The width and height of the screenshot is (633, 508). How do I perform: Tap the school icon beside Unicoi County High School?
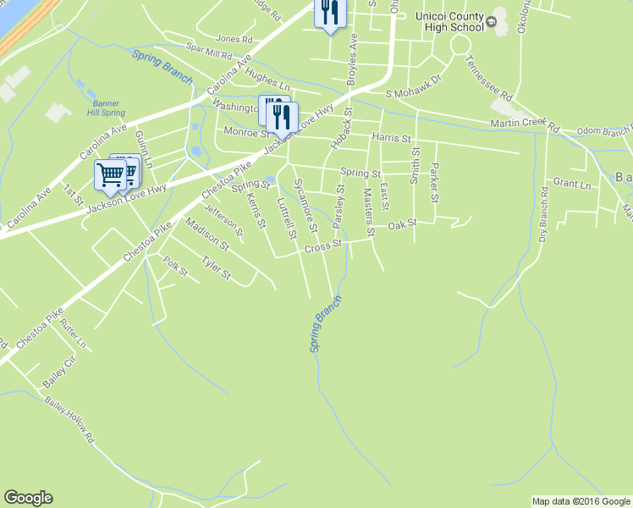pos(490,26)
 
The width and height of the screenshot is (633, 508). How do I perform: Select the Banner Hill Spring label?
pos(106,108)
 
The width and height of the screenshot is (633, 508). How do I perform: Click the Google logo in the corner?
pos(28,498)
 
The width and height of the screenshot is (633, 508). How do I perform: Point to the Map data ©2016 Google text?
pos(581,501)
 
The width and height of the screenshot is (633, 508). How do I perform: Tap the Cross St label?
pos(323,246)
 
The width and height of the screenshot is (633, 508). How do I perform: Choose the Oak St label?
pos(403,224)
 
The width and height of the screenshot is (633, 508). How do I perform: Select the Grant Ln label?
pos(572,183)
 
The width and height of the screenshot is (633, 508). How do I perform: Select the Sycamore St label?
pos(305,205)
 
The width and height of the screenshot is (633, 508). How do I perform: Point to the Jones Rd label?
pos(234,39)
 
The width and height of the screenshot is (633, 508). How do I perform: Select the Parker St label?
pos(434,183)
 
